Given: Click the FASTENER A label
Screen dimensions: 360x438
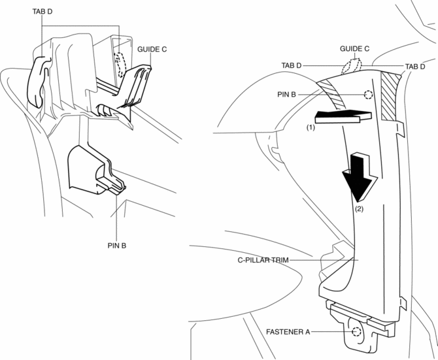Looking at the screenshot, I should click(288, 332).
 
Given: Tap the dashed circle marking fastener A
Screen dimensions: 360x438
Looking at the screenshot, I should click(356, 332).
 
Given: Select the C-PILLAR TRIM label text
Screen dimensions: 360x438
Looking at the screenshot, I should click(263, 259).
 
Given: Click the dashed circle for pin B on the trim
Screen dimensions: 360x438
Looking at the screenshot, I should click(368, 94).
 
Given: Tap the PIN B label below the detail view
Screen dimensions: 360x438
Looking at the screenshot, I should click(116, 247).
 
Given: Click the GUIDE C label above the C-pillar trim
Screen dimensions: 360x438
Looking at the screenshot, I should click(355, 48).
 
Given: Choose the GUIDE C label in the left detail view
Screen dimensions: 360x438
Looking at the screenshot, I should click(153, 49).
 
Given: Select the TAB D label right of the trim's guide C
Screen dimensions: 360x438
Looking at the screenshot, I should click(415, 67).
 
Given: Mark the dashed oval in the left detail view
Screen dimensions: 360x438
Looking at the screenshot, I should click(120, 65).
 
